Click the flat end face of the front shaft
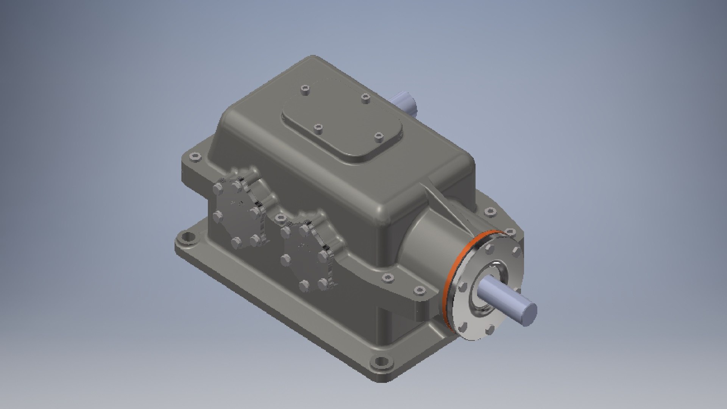pyautogui.click(x=528, y=314)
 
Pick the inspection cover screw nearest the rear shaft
pyautogui.click(x=365, y=98)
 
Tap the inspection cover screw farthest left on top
pyautogui.click(x=305, y=90)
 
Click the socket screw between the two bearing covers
pyautogui.click(x=280, y=217)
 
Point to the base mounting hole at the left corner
pyautogui.click(x=186, y=239)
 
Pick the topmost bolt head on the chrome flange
pyautogui.click(x=489, y=248)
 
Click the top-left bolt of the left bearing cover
pyautogui.click(x=218, y=187)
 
